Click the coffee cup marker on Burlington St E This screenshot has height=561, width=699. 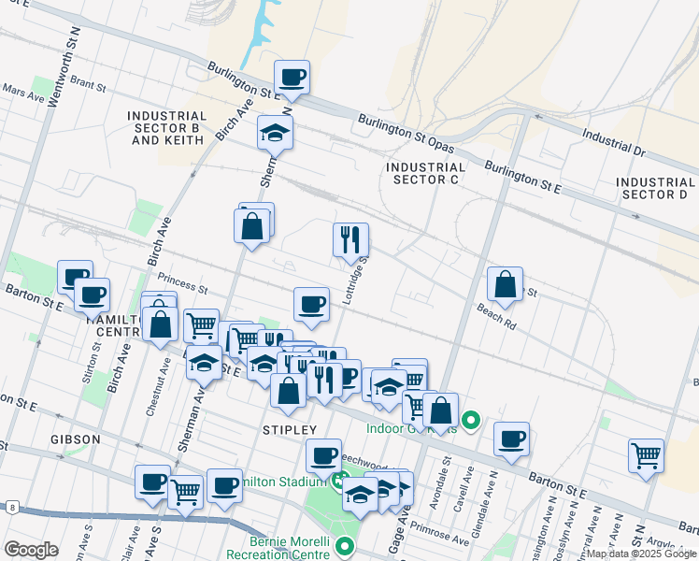click(x=292, y=77)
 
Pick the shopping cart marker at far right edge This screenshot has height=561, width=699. click(x=647, y=455)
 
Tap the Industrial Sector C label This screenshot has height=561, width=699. click(x=424, y=173)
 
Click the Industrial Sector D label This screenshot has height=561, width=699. click(x=656, y=188)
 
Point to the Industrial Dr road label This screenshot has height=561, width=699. click(x=613, y=141)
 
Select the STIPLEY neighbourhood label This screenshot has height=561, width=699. click(x=291, y=429)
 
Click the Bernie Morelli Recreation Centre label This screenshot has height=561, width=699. click(x=289, y=548)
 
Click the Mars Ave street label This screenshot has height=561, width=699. click(x=23, y=94)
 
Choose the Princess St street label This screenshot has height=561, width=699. click(x=181, y=279)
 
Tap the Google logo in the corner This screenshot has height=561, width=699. click(x=31, y=549)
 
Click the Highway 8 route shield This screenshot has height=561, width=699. click(x=13, y=507)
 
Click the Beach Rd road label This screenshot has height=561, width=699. click(x=496, y=320)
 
